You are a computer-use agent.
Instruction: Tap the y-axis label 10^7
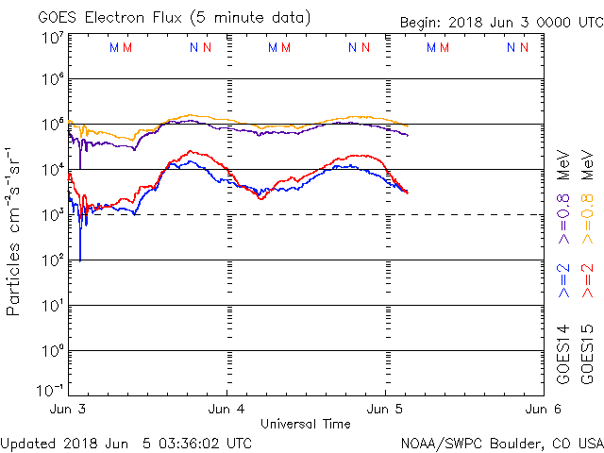point(52,39)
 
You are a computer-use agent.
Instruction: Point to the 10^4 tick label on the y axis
point(52,169)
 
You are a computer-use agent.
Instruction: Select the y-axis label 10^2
point(52,260)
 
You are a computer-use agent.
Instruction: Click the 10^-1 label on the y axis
point(50,389)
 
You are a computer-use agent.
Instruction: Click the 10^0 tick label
point(52,350)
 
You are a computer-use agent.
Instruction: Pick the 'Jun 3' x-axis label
point(68,410)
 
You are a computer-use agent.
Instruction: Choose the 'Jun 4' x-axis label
point(226,410)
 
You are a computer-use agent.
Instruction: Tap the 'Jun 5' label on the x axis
point(385,410)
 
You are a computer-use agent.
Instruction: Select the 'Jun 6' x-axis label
point(543,410)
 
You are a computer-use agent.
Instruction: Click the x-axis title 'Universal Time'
point(306,424)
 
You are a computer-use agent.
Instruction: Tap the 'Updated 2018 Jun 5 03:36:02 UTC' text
point(126,442)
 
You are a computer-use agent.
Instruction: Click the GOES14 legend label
point(564,355)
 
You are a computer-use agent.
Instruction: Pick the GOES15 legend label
point(587,355)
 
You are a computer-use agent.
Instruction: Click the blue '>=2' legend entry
point(564,281)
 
